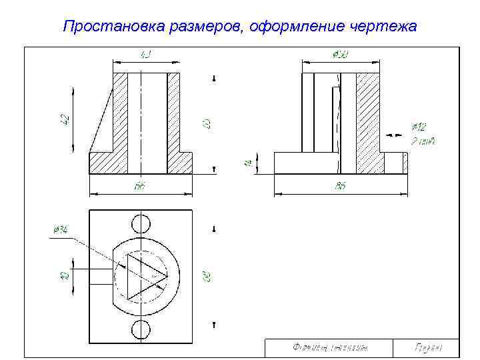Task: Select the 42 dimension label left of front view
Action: click(x=65, y=119)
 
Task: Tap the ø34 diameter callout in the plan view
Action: click(x=60, y=229)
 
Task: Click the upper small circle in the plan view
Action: click(x=141, y=224)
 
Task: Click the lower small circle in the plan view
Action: click(x=141, y=329)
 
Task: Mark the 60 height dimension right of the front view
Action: click(x=207, y=123)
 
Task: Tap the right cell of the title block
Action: click(x=427, y=347)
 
